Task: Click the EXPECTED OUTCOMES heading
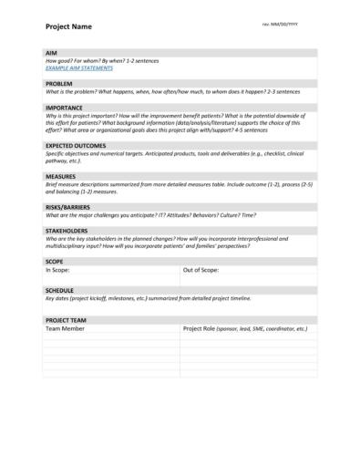pyautogui.click(x=76, y=145)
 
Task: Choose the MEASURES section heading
pyautogui.click(x=60, y=175)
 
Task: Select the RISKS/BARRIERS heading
pyautogui.click(x=68, y=206)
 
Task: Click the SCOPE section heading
pyautogui.click(x=54, y=261)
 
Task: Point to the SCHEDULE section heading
pyautogui.click(x=60, y=290)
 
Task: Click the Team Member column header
pyautogui.click(x=66, y=329)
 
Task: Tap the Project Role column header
pyautogui.click(x=245, y=329)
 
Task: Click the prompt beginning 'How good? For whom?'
pyautogui.click(x=102, y=61)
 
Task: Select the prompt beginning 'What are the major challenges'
pyautogui.click(x=150, y=214)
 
